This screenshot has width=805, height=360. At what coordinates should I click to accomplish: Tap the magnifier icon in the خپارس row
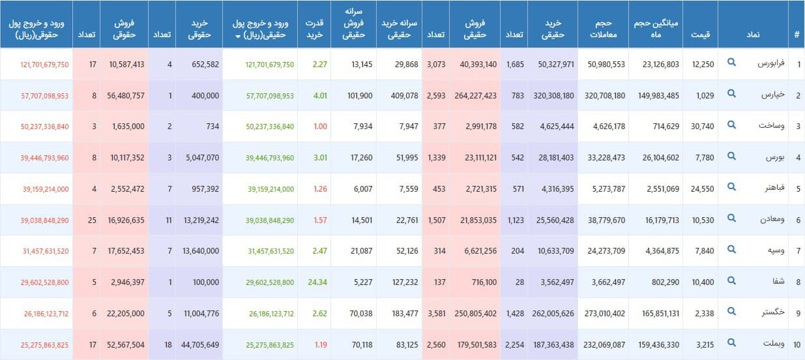pos(731,95)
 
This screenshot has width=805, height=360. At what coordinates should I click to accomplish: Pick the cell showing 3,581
pos(435,314)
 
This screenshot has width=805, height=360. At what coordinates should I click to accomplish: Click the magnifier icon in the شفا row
pos(731,282)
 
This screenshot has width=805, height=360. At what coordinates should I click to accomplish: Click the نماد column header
pos(753,34)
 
